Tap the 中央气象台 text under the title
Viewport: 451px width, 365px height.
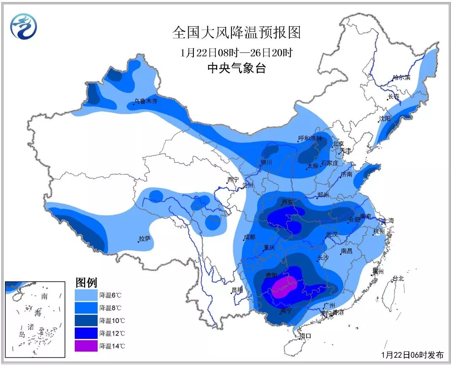236,68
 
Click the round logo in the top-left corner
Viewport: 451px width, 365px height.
24,26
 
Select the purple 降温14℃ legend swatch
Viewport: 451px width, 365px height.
86,346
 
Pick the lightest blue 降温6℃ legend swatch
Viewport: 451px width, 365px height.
86,294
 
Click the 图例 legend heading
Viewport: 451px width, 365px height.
86,282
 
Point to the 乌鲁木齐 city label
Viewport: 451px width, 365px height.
146,101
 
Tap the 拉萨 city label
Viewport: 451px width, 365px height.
145,239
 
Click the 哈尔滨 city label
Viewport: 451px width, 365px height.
401,78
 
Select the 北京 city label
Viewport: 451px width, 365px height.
338,143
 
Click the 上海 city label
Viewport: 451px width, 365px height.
388,220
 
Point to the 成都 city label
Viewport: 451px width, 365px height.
250,237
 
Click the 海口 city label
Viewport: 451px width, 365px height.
305,336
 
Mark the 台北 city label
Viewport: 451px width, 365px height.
398,278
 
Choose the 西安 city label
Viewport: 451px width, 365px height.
287,202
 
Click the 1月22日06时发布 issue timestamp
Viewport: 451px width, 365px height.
412,354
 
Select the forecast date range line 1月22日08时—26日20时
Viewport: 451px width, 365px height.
236,53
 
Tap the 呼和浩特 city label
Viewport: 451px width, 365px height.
310,138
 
